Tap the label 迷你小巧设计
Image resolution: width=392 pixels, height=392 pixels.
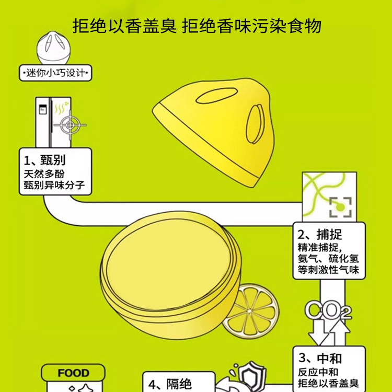[x=55, y=73]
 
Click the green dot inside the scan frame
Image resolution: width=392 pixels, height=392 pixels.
[x=340, y=207]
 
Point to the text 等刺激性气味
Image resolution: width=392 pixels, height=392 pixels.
[x=328, y=270]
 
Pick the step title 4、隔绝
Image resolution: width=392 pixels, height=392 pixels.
[x=170, y=385]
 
